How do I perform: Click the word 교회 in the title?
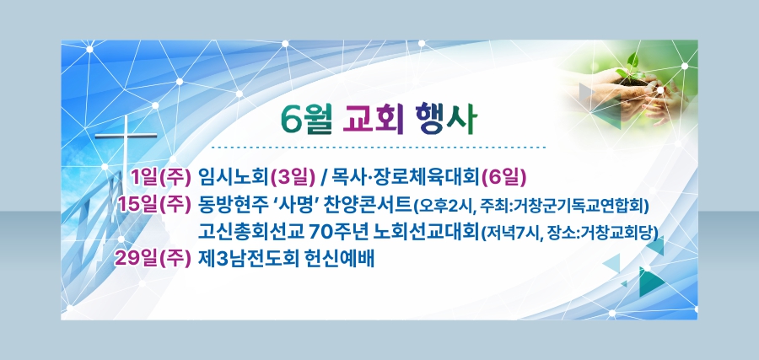pos(373,119)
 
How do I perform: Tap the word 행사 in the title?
pos(446,119)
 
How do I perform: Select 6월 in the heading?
pos(306,119)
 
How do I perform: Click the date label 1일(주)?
pos(160,178)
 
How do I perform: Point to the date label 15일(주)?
pos(154,205)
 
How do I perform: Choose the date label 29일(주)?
pos(153,259)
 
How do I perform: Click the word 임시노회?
pos(234,178)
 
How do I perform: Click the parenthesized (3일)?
pos(293,178)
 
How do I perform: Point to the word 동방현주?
pos(234,205)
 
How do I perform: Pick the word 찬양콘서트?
pos(368,205)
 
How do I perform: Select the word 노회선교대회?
pos(427,232)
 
